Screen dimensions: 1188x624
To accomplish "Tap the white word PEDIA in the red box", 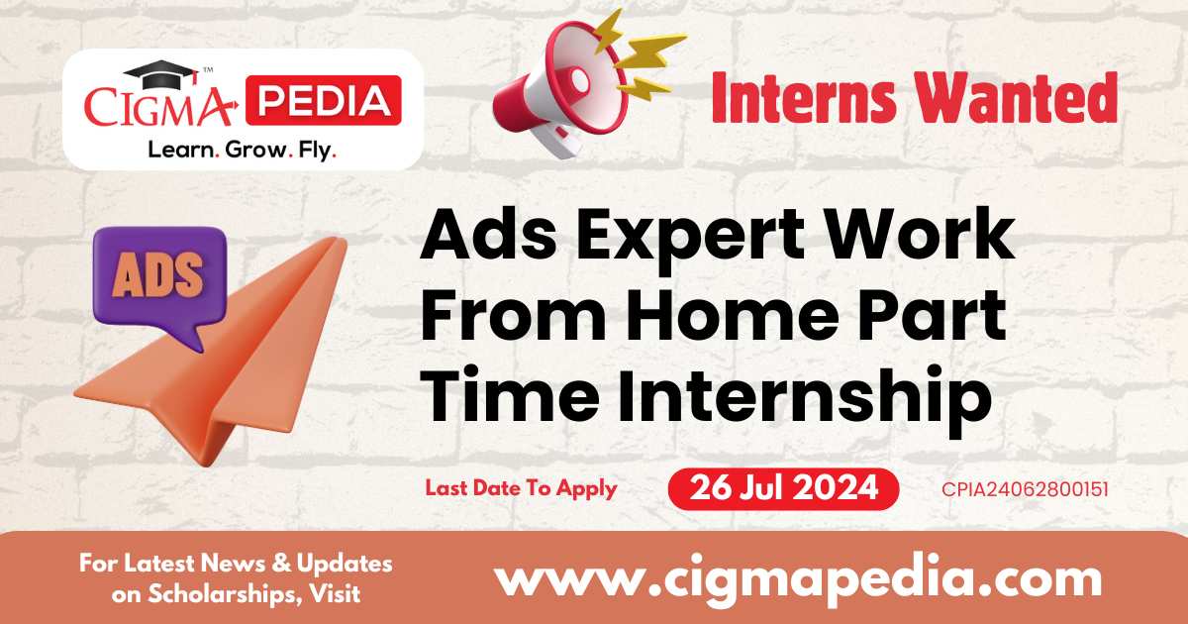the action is pos(324,101).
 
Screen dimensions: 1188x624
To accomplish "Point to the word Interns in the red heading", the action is pos(804,99).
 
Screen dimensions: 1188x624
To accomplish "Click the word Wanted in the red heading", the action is pos(1018,98).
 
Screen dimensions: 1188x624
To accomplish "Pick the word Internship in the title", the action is pos(804,399).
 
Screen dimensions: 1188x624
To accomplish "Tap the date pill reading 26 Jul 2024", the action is pos(783,488).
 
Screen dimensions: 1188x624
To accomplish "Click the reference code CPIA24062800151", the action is pos(1026,489).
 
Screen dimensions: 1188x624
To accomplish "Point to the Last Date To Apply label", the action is pos(522,489).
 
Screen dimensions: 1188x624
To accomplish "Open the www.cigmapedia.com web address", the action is pos(799,580).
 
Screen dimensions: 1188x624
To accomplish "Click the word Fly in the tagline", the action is pos(317,152).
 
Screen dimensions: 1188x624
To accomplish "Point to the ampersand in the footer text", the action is pos(281,563).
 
